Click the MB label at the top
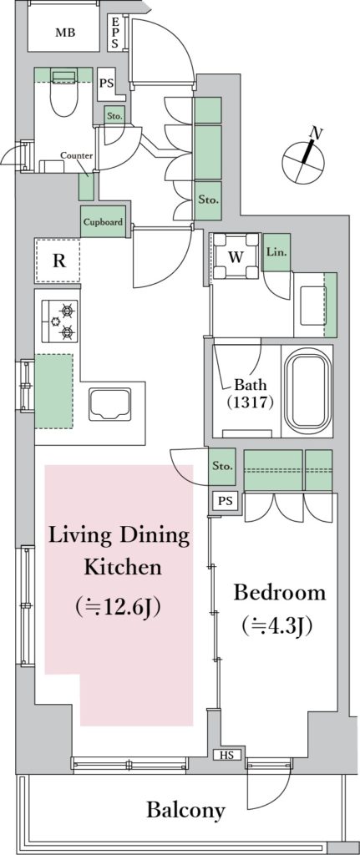pos(65,33)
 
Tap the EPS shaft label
pos(115,33)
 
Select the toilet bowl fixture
pos(64,92)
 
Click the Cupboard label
pos(103,222)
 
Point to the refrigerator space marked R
pos(58,261)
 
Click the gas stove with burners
pos(60,321)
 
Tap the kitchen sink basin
pos(109,405)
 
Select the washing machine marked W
pos(236,255)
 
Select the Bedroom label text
pos(279,593)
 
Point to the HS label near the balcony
pos(227,755)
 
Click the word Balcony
pos(185,810)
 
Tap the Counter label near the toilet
pos(76,155)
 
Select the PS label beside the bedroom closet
pos(225,502)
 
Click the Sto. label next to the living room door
pos(222,467)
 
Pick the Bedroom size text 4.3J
pos(277,626)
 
